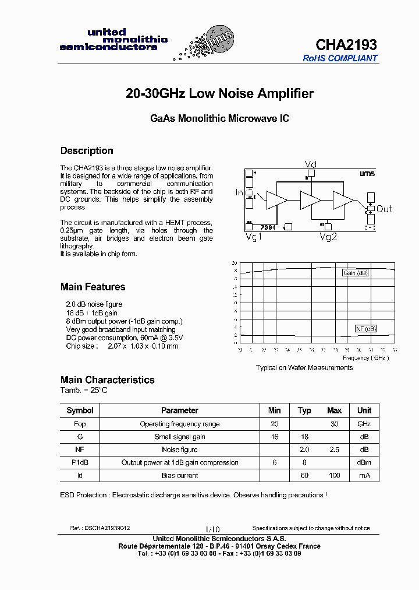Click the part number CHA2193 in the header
pos(346,45)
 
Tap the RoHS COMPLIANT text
pos(340,58)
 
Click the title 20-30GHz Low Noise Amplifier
pos(219,93)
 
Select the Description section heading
pos(87,150)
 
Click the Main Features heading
pos(93,287)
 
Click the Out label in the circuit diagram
pos(384,209)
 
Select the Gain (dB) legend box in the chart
pos(355,273)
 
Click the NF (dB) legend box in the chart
pos(366,329)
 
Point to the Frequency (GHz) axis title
pos(365,357)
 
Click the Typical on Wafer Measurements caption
pos(304,368)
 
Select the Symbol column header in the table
pos(80,410)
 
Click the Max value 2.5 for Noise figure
pos(334,449)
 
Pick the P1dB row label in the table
pos(80,462)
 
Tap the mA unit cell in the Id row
pos(364,475)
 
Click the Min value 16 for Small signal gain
pos(275,437)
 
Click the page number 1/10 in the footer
pos(212,528)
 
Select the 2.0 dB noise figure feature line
pos(94,304)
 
